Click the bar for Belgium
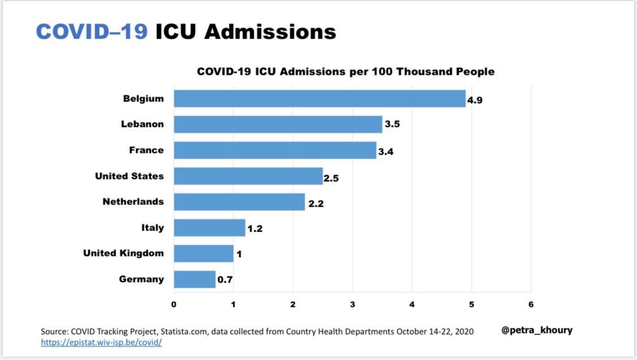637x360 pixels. point(319,98)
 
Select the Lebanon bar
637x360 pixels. point(277,124)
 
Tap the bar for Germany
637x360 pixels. point(194,279)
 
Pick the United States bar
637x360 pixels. point(248,176)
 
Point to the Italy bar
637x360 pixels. point(209,228)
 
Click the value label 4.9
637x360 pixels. point(474,101)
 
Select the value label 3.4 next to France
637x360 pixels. point(385,153)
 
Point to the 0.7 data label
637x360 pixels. point(225,280)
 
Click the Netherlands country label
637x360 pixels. point(133,202)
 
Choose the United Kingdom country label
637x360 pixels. point(123,253)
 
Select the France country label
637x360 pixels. point(146,150)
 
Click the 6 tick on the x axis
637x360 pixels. point(531,304)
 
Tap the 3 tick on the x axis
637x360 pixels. point(352,304)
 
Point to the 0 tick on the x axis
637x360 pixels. point(174,304)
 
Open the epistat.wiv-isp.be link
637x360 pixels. point(101,342)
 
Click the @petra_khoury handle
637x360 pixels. point(537,330)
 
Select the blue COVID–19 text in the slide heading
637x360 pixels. point(92,32)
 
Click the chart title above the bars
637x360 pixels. point(345,72)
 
